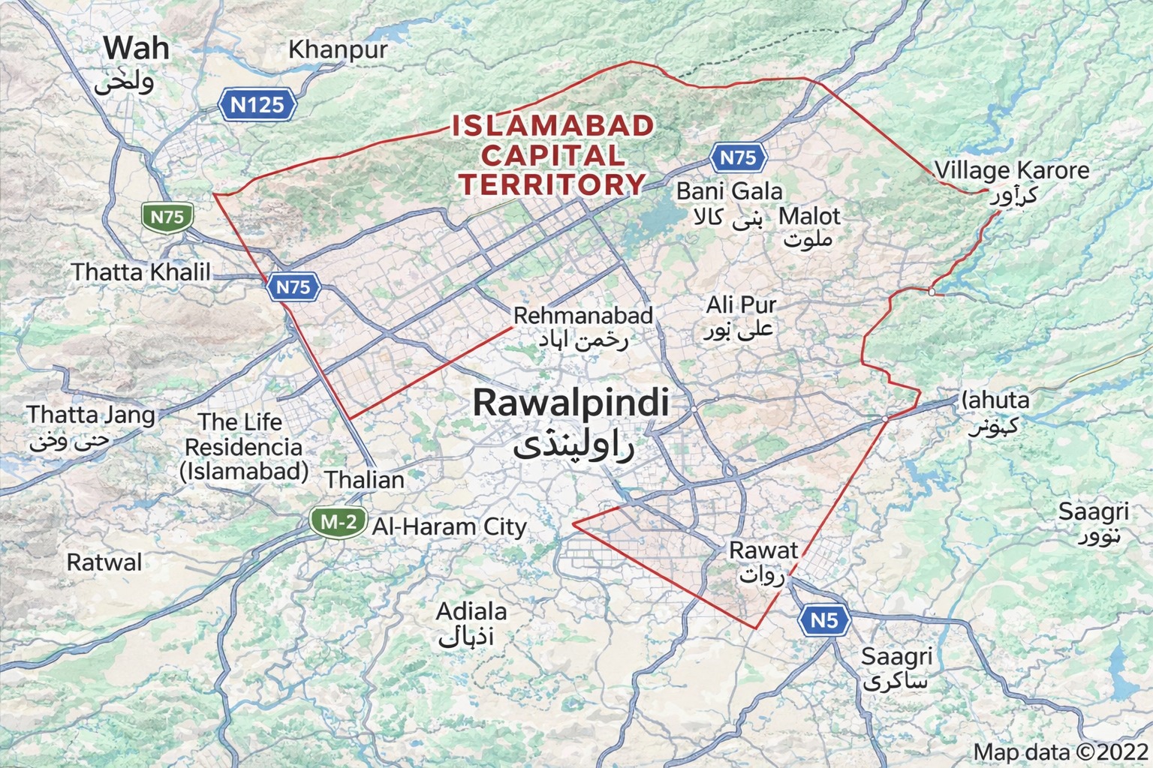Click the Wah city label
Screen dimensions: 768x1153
click(x=137, y=49)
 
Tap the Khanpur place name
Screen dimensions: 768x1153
click(x=338, y=50)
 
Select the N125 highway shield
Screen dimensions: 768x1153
click(x=257, y=105)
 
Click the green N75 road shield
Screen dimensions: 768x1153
click(x=167, y=217)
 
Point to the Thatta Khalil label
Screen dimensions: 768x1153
click(x=141, y=271)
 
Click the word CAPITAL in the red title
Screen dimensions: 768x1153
click(x=552, y=155)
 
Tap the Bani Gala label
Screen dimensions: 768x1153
click(x=729, y=192)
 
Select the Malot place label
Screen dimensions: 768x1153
click(x=809, y=217)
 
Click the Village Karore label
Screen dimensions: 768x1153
click(x=1011, y=171)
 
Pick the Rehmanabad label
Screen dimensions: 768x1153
click(x=583, y=316)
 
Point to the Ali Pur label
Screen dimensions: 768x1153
click(x=740, y=305)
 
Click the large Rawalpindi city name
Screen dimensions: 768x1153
click(x=570, y=403)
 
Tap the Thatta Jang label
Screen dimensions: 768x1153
click(x=91, y=415)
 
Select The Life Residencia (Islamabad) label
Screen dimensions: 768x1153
click(x=244, y=447)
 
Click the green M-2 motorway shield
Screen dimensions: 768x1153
click(x=339, y=522)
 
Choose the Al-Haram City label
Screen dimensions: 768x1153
click(x=450, y=527)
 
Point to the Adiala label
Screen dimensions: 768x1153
click(x=471, y=612)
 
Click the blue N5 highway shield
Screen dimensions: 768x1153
click(x=823, y=621)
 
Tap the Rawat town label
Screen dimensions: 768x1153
click(x=763, y=550)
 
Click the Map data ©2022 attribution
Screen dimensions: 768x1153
click(x=1061, y=752)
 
